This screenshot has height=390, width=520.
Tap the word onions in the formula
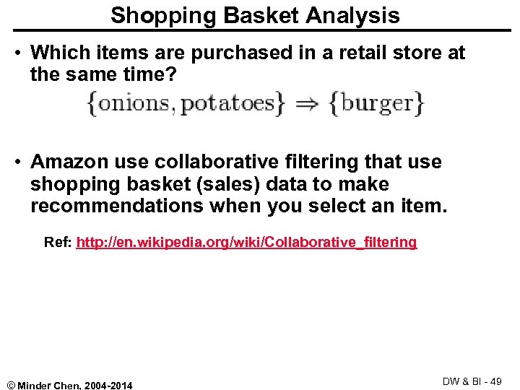pyautogui.click(x=135, y=104)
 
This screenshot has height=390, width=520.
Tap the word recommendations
pyautogui.click(x=116, y=206)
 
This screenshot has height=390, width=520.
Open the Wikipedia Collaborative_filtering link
pyautogui.click(x=246, y=243)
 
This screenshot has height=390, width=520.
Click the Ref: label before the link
pyautogui.click(x=58, y=243)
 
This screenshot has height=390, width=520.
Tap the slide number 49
pyautogui.click(x=496, y=381)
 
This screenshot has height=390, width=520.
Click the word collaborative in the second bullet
pyautogui.click(x=213, y=162)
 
